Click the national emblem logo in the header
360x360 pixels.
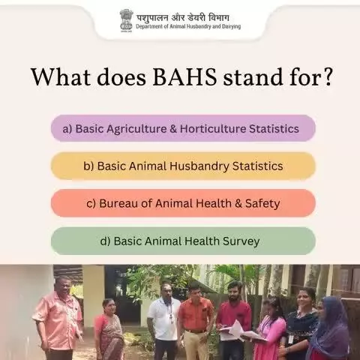pos(126,21)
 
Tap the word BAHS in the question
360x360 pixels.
pos(185,76)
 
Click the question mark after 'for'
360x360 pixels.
pos(326,76)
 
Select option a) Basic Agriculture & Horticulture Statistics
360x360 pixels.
pos(183,128)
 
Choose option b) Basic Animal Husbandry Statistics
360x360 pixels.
pos(183,166)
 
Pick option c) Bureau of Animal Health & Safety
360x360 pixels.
pos(183,203)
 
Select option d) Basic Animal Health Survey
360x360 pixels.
pos(183,241)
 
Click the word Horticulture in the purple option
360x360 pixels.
pos(213,129)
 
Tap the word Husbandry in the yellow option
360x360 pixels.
pos(199,166)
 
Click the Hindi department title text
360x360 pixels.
pos(183,18)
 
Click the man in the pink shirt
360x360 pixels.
pos(58,317)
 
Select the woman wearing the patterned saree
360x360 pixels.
pos(109,330)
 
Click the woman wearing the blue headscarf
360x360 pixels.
pos(330,330)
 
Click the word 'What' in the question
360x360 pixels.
pos(61,76)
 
